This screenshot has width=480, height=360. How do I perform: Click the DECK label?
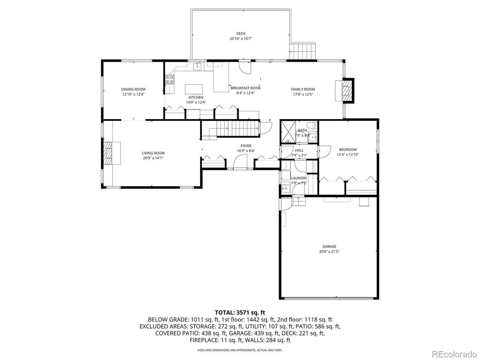click(241, 34)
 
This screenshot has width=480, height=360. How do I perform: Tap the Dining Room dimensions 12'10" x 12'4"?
click(133, 94)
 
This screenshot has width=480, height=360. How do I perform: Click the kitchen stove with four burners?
click(170, 80)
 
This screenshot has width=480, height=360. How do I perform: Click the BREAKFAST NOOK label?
click(245, 88)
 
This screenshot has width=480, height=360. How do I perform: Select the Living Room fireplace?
click(109, 153)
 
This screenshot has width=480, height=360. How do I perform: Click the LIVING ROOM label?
click(153, 153)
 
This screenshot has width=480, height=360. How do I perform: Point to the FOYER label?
click(246, 146)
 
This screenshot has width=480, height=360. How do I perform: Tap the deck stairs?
click(304, 51)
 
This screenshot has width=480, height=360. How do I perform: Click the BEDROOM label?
click(347, 150)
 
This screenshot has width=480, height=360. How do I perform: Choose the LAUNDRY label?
click(299, 178)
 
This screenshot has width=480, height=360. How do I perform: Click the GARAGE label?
click(329, 246)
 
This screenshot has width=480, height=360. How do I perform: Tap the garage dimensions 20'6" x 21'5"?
click(329, 252)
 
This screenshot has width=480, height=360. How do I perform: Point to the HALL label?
click(299, 150)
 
